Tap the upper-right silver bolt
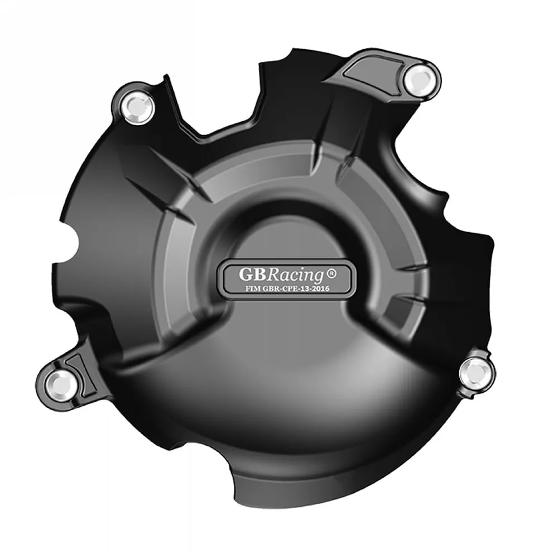coord(419,79)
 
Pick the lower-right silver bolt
coord(478,372)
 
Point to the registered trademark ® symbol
coord(331,273)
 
